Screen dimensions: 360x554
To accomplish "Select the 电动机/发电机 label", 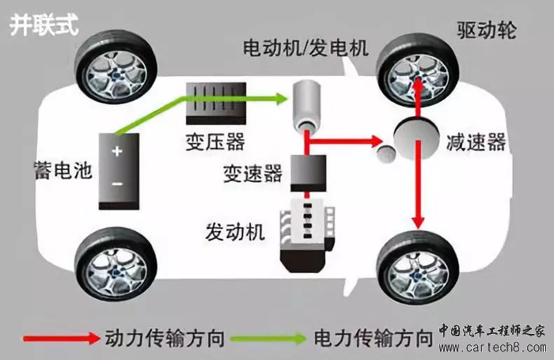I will pos(305,49).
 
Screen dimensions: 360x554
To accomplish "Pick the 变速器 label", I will pos(252,174).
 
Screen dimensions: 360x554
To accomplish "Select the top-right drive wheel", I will pos(417,65).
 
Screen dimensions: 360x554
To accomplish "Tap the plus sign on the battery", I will pos(116,152).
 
